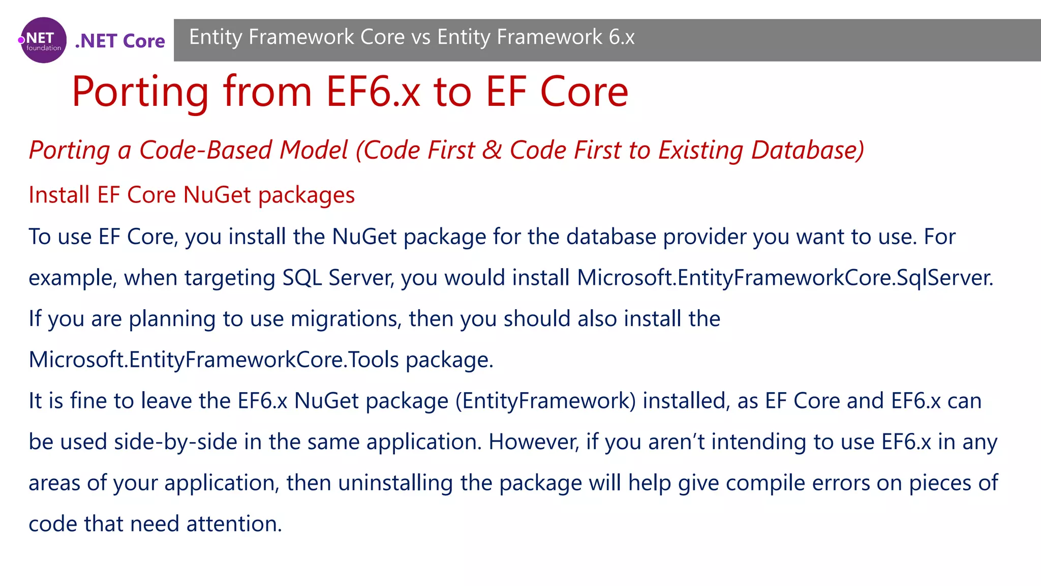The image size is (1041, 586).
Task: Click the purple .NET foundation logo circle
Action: [x=44, y=40]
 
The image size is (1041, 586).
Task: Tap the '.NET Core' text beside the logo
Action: [x=120, y=41]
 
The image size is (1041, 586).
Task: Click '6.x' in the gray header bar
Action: [x=622, y=37]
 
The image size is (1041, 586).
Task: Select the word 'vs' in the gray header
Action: [x=421, y=37]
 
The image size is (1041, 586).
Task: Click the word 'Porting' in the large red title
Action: [x=140, y=92]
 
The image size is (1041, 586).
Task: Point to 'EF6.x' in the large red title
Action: [x=373, y=92]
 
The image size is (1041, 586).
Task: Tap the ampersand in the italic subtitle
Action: [x=492, y=150]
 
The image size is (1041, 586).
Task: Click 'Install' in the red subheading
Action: [x=59, y=195]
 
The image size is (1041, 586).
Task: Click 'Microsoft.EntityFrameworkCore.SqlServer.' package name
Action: [x=785, y=278]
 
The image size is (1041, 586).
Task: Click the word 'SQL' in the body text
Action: [x=302, y=278]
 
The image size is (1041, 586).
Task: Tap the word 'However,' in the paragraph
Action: [x=534, y=442]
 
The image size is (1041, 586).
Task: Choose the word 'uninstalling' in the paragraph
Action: [x=395, y=483]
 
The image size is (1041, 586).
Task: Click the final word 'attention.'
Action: [x=234, y=524]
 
